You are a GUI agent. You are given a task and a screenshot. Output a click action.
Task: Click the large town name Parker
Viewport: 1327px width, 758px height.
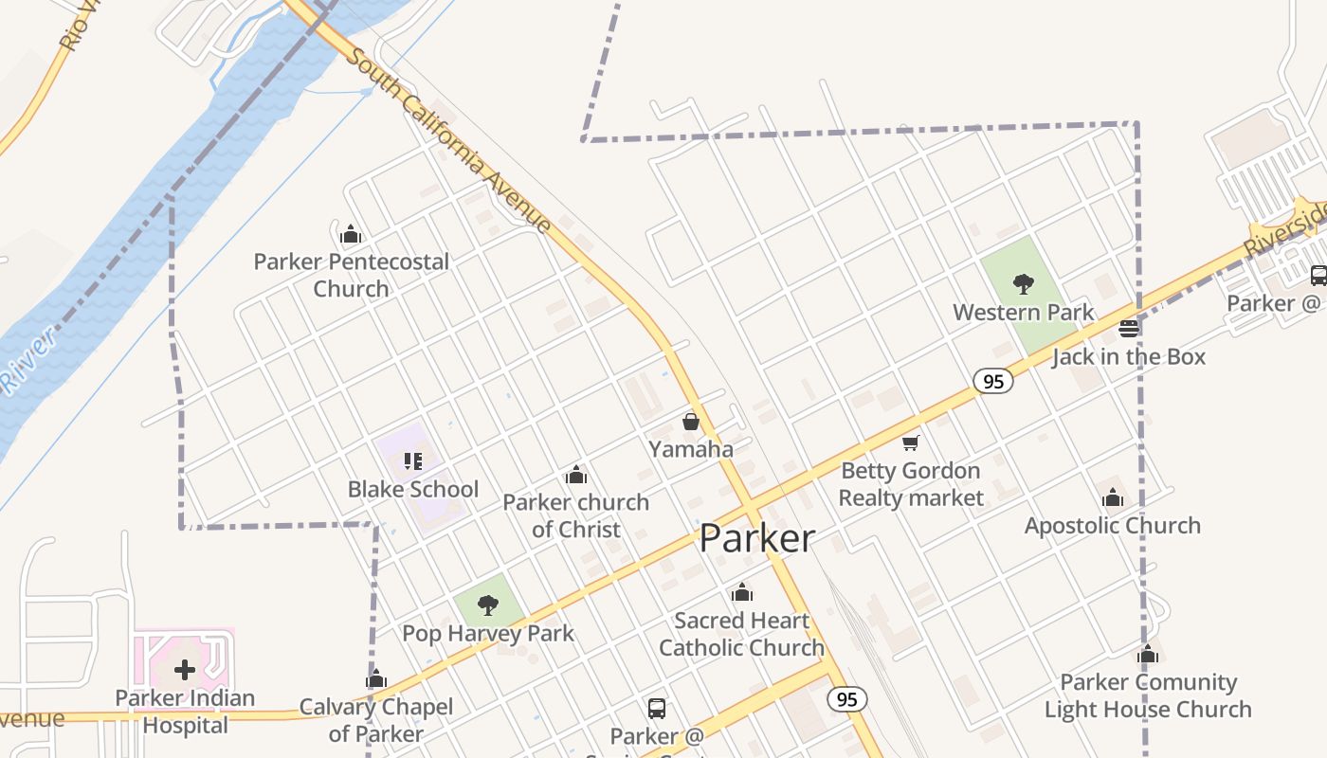click(x=756, y=538)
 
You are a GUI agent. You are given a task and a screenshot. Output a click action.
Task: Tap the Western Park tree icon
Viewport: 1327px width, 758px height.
click(x=1023, y=282)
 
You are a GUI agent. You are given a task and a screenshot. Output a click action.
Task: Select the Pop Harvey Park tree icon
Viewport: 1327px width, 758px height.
click(x=487, y=605)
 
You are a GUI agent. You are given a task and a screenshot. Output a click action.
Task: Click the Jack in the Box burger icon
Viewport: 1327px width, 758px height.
click(x=1128, y=329)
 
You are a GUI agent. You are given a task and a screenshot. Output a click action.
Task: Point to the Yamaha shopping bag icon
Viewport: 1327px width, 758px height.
click(x=691, y=421)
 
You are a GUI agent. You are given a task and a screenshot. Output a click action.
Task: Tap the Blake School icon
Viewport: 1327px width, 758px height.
click(x=412, y=461)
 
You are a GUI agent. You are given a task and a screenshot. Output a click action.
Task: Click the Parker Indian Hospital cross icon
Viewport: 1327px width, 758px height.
click(x=185, y=670)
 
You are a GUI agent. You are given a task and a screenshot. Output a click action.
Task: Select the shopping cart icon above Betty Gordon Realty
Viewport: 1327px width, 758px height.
click(x=911, y=442)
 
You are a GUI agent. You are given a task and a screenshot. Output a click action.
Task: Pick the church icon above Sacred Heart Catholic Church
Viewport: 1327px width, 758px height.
click(x=742, y=593)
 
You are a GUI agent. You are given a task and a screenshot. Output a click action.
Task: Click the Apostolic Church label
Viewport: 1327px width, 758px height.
click(x=1112, y=525)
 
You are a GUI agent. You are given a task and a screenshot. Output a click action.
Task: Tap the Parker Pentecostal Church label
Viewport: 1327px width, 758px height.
click(x=351, y=275)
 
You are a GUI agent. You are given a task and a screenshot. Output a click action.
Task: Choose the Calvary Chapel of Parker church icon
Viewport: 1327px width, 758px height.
click(x=376, y=679)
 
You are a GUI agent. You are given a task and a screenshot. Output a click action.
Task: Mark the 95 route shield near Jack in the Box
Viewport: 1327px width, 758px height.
click(x=992, y=381)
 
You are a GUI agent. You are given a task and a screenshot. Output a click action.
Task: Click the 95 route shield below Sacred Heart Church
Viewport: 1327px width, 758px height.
click(x=846, y=699)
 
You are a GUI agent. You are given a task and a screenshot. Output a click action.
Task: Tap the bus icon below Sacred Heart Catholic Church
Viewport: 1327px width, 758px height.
click(x=656, y=708)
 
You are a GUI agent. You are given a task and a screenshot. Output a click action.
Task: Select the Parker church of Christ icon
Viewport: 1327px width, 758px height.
click(x=575, y=475)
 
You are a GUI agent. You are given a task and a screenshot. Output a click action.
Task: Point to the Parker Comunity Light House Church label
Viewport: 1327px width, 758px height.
click(x=1147, y=695)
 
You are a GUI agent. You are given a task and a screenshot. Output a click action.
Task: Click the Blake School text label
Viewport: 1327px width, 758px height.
click(x=412, y=489)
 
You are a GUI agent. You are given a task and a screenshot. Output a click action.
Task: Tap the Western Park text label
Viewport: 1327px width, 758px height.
click(x=1023, y=312)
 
